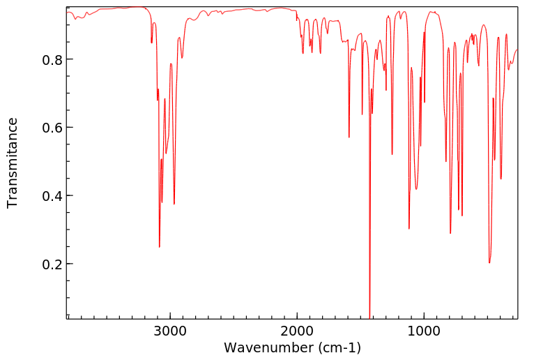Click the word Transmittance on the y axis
click(13, 163)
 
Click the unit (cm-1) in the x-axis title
click(336, 347)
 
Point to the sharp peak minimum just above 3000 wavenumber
click(160, 246)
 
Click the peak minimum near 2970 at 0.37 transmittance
click(174, 204)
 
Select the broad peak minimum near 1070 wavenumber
click(416, 189)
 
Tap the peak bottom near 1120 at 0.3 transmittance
click(409, 228)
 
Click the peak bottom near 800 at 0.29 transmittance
click(450, 233)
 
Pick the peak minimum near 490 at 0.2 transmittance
click(489, 262)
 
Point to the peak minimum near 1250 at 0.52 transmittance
click(392, 154)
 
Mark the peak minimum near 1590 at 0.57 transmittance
click(349, 137)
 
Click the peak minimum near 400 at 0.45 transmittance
click(501, 179)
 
